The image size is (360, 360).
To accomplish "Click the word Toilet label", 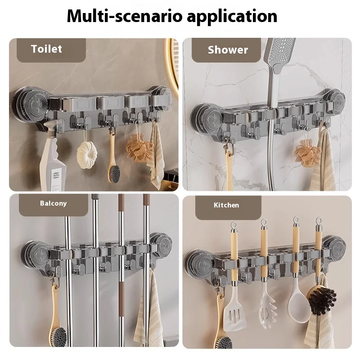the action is point(46,49).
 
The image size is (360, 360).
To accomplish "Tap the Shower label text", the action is point(228,50).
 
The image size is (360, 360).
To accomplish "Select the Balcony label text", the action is point(53,203).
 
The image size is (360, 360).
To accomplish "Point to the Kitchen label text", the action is point(226,205).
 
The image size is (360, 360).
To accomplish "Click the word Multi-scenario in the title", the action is point(125,16).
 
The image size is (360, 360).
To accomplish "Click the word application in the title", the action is point(232,17).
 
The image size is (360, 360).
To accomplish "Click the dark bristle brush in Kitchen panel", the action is point(322,298).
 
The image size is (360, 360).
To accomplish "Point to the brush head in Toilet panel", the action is point(114,173).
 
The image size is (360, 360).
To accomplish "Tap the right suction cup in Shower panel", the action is point(335,100).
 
